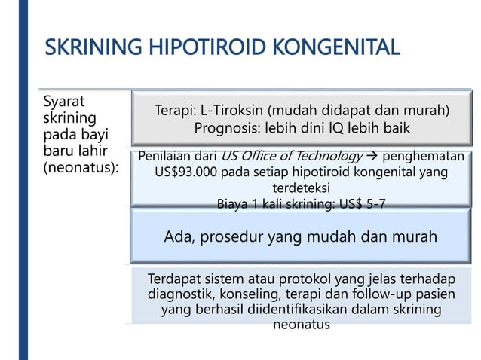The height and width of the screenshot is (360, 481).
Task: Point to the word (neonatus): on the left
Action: click(x=81, y=167)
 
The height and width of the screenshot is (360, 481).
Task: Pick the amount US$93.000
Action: click(x=186, y=172)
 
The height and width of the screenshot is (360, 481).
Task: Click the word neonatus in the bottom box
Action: click(x=301, y=325)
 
